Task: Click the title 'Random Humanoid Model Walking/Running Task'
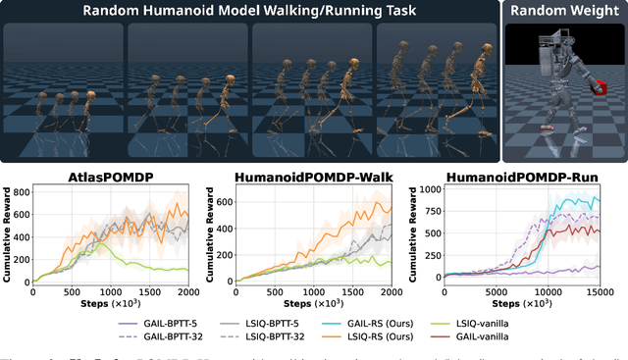pyautogui.click(x=250, y=11)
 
